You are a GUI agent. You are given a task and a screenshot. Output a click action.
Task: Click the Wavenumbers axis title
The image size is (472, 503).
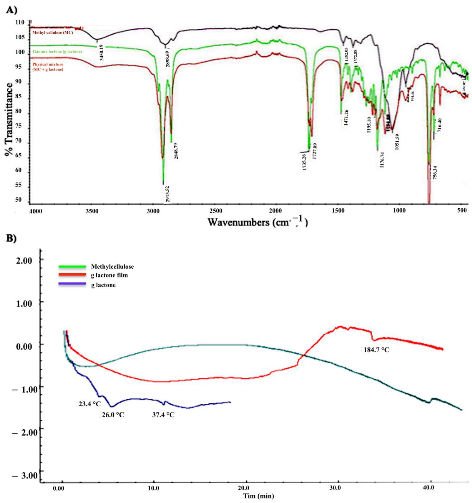pos(258,222)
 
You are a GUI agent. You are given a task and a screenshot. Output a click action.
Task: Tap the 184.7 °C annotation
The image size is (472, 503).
pos(376,350)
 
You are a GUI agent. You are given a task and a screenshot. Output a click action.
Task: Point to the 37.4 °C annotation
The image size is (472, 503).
pos(163,415)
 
